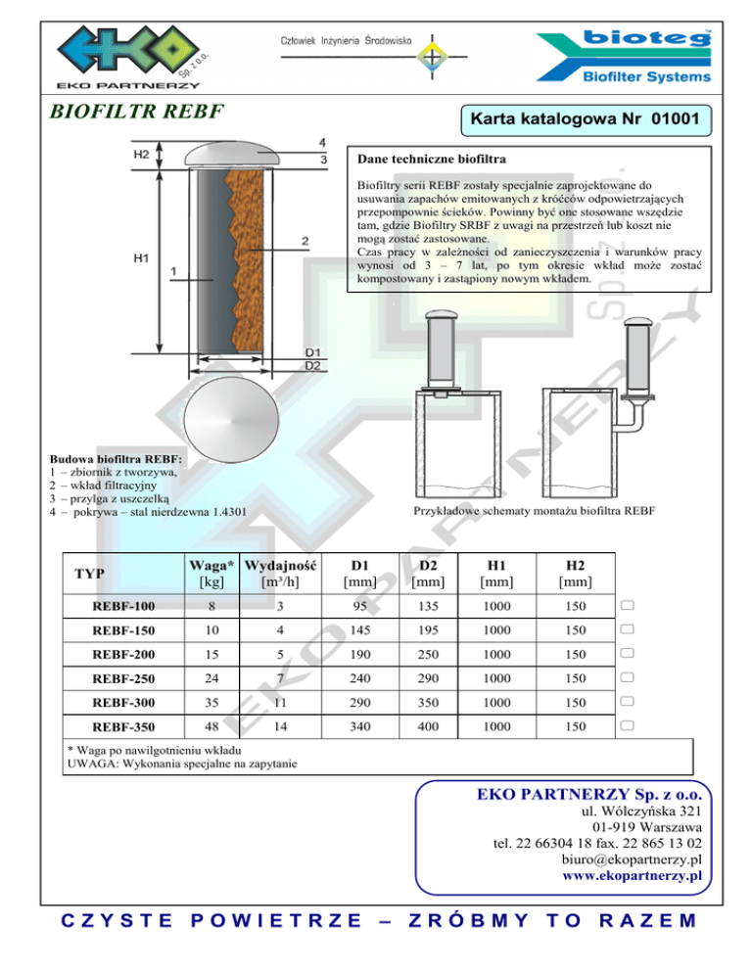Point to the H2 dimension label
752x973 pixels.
pyautogui.click(x=142, y=154)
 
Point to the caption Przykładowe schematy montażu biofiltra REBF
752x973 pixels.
pyautogui.click(x=534, y=511)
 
